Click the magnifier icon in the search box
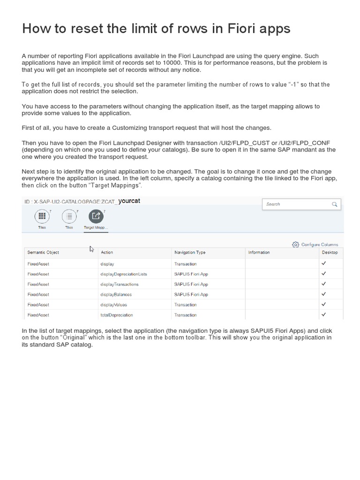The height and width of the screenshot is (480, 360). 334,204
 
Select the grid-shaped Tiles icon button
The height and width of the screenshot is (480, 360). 42,216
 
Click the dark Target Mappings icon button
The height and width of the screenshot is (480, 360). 96,216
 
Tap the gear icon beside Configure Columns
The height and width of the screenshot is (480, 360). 295,244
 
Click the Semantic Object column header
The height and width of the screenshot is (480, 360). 43,252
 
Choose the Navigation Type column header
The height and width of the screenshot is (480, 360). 190,252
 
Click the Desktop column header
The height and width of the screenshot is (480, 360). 330,252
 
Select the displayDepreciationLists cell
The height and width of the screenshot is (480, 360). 124,274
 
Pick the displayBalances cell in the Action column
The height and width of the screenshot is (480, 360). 116,294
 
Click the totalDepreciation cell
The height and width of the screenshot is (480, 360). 117,315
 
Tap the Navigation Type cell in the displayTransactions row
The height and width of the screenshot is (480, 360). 191,284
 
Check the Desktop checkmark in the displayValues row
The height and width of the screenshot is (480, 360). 323,304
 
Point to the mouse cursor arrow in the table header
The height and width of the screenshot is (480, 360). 92,249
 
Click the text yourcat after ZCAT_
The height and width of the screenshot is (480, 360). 129,201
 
